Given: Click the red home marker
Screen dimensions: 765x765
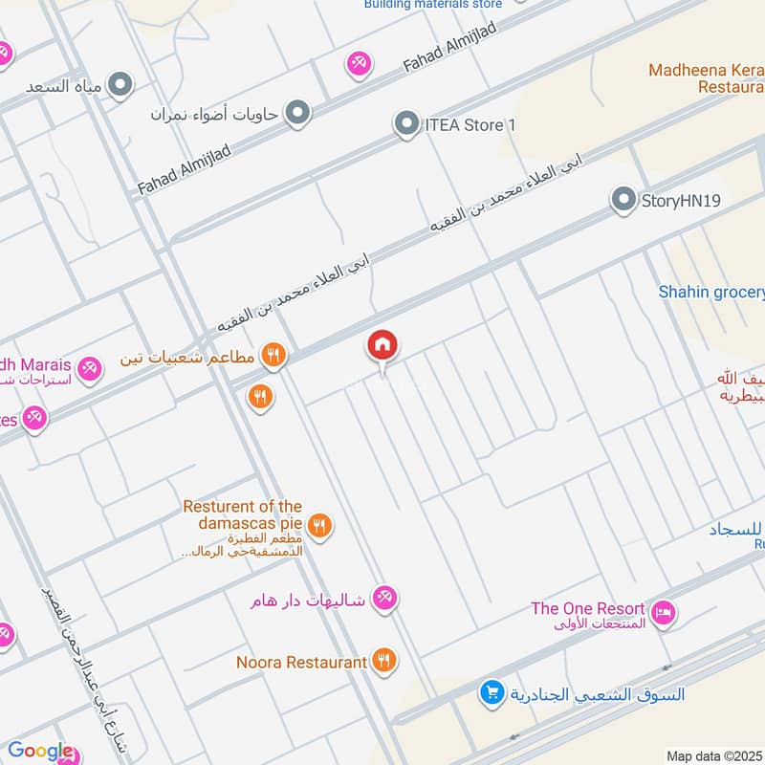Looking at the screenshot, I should point(382,345).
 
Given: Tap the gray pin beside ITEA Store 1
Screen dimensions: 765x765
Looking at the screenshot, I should point(407,124).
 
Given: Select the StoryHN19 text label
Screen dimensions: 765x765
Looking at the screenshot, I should point(681,201).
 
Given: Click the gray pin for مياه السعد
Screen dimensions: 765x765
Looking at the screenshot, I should point(120,86).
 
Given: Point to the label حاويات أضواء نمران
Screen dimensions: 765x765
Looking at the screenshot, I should point(214,114).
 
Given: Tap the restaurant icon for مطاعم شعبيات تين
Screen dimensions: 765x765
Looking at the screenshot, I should point(273,357).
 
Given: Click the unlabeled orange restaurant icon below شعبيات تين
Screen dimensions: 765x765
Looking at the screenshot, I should point(259,395).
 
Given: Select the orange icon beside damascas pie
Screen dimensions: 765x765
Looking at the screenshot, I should point(320,525).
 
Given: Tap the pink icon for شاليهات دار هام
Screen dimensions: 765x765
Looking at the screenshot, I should point(384,599).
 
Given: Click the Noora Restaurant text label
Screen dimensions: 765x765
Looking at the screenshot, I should point(302,662).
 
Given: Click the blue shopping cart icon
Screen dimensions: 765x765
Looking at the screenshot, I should point(492,692).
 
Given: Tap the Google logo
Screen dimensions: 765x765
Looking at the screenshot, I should point(40,751).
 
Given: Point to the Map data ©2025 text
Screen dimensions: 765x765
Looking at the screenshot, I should point(712,755).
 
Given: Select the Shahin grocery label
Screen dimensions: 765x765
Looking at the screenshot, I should point(712,292).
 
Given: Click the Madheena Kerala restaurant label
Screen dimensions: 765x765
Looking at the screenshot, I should point(706,77).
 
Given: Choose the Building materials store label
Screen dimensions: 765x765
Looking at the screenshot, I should point(432,4).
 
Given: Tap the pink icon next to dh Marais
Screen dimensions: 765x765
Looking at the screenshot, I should point(89,367).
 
